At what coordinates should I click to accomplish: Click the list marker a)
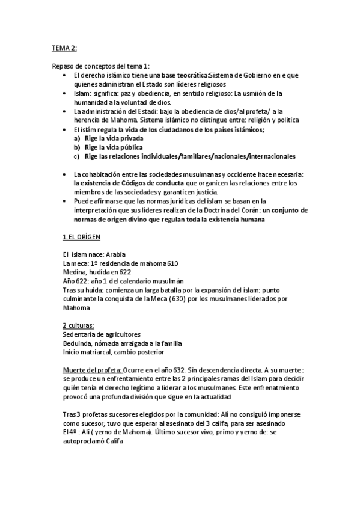tap(77, 138)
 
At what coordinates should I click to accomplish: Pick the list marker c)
tap(77, 156)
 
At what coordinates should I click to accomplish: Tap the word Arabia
tap(114, 254)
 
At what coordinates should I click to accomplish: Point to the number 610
tap(171, 263)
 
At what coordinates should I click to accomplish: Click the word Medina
tap(74, 272)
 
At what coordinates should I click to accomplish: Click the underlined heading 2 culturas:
tap(79, 325)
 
